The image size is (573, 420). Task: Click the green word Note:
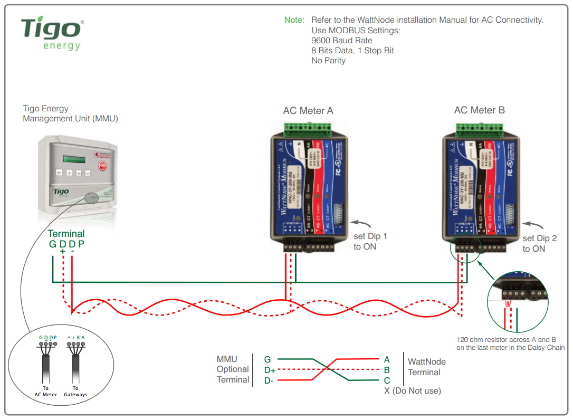(x=294, y=20)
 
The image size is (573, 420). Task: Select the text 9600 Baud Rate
(x=341, y=41)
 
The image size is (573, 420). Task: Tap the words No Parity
(x=328, y=61)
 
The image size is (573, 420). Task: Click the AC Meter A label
(x=308, y=111)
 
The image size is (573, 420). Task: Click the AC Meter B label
(x=479, y=110)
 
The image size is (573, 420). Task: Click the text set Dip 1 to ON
(x=370, y=241)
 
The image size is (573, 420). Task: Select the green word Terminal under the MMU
(x=66, y=234)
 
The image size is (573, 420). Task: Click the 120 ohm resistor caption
(x=510, y=343)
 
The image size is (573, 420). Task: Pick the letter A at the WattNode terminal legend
(x=387, y=359)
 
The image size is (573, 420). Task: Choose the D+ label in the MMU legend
(x=270, y=370)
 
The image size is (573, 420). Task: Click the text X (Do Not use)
(x=413, y=390)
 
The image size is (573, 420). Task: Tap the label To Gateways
(x=76, y=392)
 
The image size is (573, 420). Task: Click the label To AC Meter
(x=46, y=392)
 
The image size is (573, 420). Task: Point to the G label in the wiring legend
(x=268, y=360)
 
